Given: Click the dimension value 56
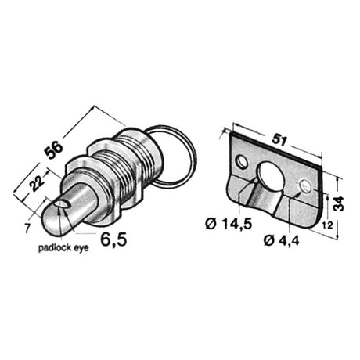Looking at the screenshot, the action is point(54,149).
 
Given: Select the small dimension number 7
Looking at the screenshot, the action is point(27,229).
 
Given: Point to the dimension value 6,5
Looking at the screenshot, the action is point(114,239).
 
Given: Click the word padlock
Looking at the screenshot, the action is point(52,248).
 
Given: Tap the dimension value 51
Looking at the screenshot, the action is point(279,140).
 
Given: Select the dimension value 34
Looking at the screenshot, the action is point(340,203).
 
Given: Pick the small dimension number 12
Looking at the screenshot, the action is point(327,225).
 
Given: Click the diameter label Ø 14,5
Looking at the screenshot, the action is point(229,224).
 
